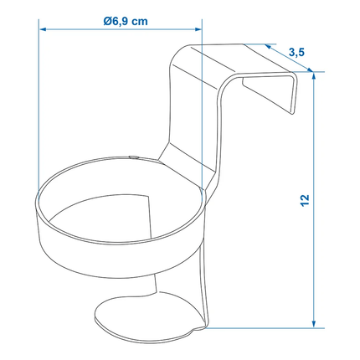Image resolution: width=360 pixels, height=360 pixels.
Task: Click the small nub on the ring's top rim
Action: [134, 155]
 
